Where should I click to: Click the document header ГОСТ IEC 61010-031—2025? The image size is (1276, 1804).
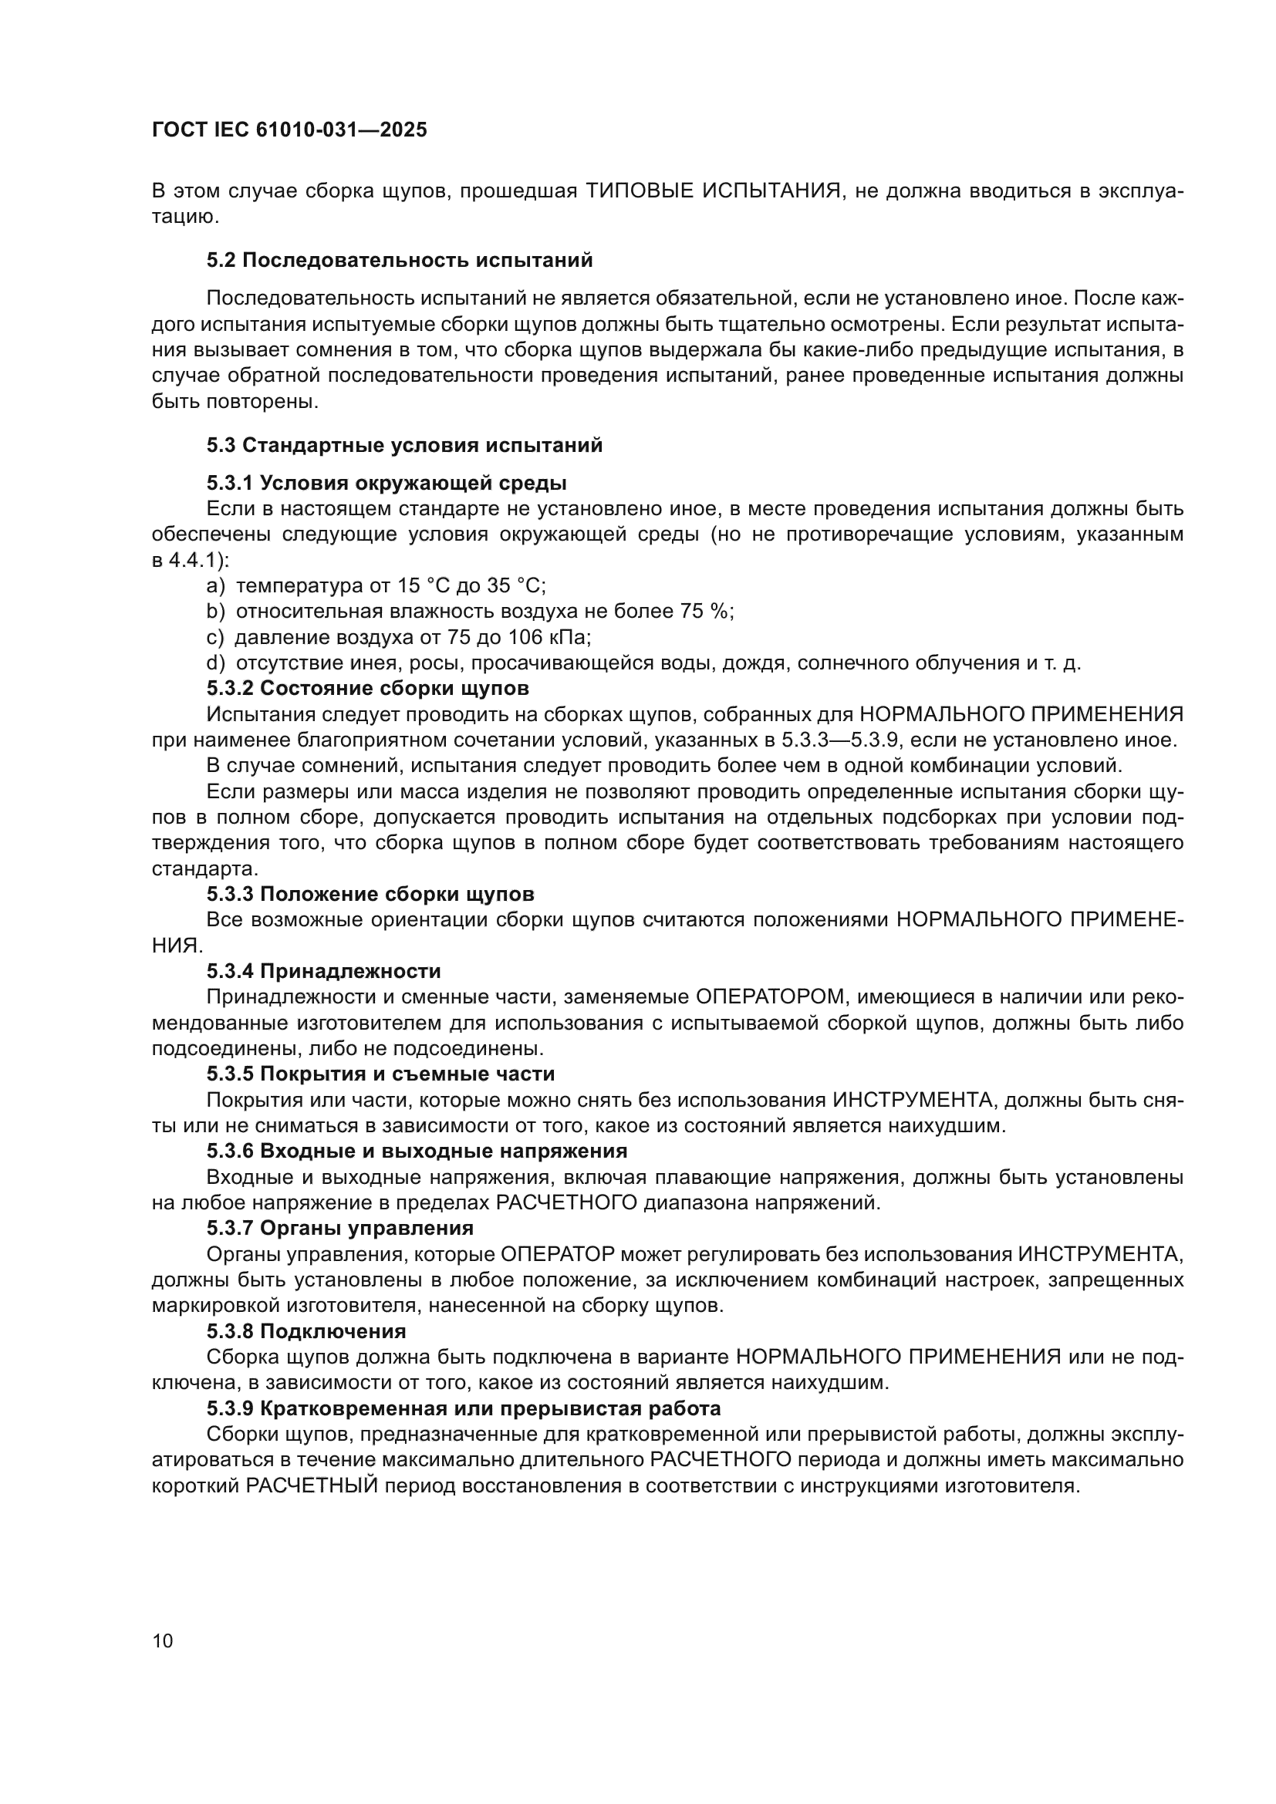(289, 130)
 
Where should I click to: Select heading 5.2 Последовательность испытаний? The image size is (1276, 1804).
(399, 260)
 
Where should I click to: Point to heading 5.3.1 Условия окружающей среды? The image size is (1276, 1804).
(386, 481)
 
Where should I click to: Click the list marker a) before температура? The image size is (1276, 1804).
(215, 585)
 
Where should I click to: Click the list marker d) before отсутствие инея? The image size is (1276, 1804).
(215, 663)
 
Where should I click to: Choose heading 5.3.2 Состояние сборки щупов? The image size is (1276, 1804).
(368, 688)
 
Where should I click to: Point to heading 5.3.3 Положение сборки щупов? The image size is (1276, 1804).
(370, 894)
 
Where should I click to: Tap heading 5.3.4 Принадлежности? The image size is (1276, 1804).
(324, 971)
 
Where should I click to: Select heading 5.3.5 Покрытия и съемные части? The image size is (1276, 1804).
(380, 1074)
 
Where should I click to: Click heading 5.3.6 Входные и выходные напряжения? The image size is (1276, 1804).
(417, 1151)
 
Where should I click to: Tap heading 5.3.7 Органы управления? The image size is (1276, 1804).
(339, 1228)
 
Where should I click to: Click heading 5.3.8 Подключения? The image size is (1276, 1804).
(306, 1331)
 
